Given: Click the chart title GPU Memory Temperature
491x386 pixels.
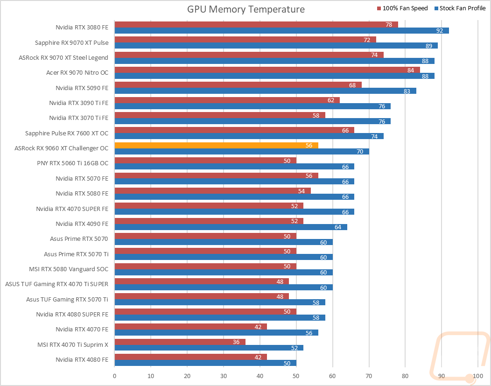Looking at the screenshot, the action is [246, 9].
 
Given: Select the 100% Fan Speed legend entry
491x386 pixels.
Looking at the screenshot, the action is [402, 8].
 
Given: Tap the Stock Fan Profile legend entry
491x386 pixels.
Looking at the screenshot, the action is [460, 8].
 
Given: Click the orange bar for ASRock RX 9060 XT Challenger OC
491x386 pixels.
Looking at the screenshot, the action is [217, 145].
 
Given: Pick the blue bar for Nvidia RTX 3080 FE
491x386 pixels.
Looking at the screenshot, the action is [282, 30].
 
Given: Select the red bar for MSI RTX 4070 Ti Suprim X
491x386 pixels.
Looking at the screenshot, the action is [180, 342].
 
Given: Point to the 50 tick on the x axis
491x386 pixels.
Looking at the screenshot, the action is [296, 376].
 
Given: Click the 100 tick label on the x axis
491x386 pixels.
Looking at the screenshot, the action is [478, 376].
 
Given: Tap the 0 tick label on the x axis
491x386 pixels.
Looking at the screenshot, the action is [115, 376].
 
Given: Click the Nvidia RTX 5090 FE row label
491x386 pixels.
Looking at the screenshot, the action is [82, 88].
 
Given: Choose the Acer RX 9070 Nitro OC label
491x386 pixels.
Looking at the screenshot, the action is [77, 73].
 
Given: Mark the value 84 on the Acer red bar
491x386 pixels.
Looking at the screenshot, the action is [411, 70].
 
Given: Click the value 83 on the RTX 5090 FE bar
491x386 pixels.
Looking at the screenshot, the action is [407, 91].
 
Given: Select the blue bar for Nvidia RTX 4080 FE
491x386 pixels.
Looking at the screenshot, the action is [205, 363].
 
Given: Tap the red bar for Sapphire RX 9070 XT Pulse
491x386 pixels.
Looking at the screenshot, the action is [245, 40].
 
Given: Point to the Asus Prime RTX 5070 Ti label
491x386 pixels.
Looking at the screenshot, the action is [76, 254].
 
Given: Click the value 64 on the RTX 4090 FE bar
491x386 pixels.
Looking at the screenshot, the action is [338, 227].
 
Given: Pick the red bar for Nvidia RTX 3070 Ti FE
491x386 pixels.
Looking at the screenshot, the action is [220, 115].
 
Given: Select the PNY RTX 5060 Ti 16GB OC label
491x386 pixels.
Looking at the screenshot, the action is [73, 163].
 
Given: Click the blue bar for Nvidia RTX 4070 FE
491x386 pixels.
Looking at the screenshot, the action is [217, 333].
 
